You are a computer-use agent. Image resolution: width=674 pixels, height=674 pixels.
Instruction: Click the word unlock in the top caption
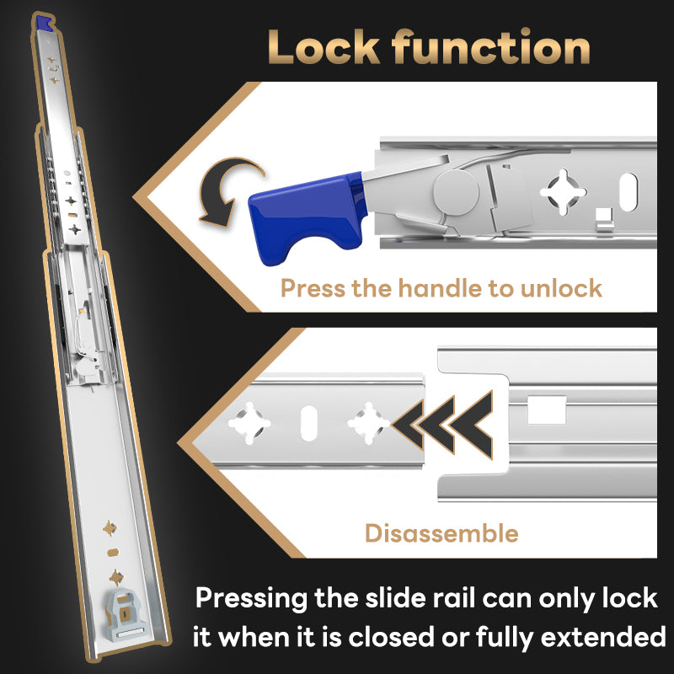tap(561, 288)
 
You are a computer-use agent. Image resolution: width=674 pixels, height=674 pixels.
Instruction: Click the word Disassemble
tap(441, 532)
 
